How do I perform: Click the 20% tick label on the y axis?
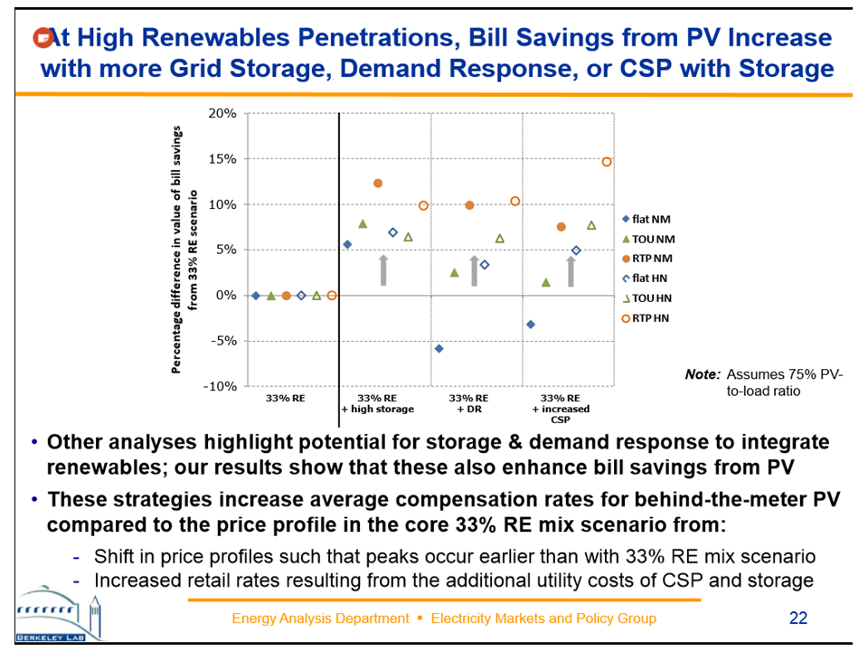pyautogui.click(x=222, y=114)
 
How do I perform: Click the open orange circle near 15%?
pyautogui.click(x=607, y=162)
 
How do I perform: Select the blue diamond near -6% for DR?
pyautogui.click(x=439, y=349)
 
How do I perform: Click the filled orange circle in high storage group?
pyautogui.click(x=378, y=184)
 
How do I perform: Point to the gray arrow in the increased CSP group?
pyautogui.click(x=571, y=270)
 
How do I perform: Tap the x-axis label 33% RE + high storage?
pyautogui.click(x=377, y=403)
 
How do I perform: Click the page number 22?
pyautogui.click(x=797, y=618)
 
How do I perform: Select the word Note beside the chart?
pyautogui.click(x=703, y=373)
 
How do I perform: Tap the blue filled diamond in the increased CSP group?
pyautogui.click(x=531, y=325)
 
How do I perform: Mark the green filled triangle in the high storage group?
pyautogui.click(x=363, y=223)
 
